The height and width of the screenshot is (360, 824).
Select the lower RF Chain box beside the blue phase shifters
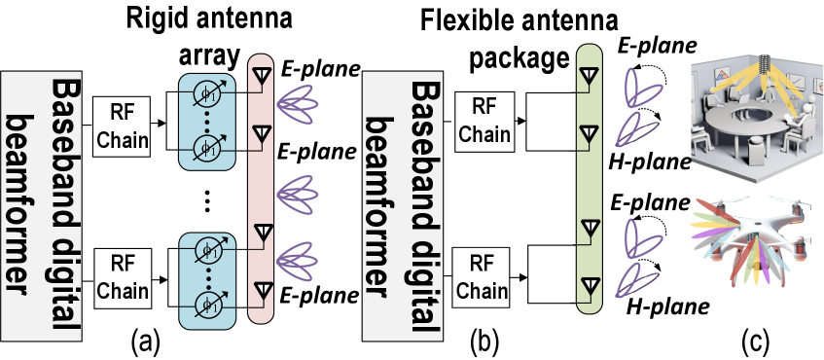(122, 276)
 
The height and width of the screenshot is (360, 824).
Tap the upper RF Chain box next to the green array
(484, 120)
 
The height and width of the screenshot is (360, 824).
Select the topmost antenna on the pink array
(261, 77)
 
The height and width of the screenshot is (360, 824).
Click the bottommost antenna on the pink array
(261, 290)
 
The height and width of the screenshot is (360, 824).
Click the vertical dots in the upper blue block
(207, 124)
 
